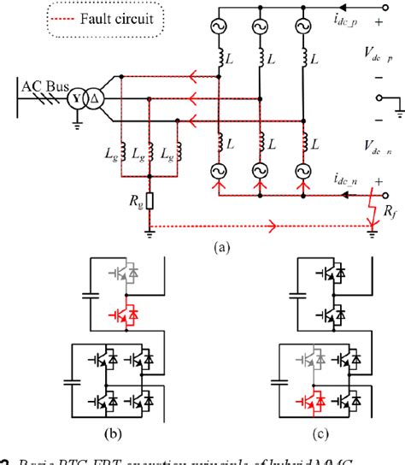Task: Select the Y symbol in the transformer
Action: tap(79, 98)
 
